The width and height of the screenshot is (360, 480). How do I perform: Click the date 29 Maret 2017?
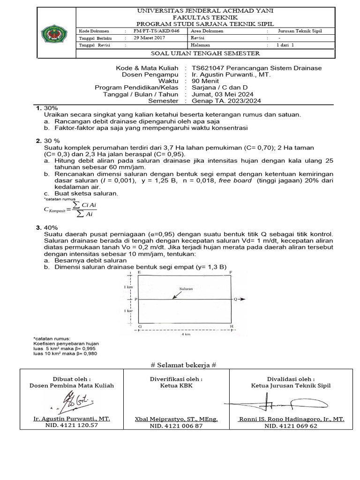point(150,37)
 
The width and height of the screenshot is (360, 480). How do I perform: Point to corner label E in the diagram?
point(139,272)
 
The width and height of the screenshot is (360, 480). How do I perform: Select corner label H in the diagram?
point(231,326)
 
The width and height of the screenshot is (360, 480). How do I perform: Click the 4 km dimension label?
point(185,335)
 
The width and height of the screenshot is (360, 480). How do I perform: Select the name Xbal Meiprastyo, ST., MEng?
point(176,419)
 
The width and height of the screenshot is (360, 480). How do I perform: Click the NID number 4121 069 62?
point(291,426)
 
